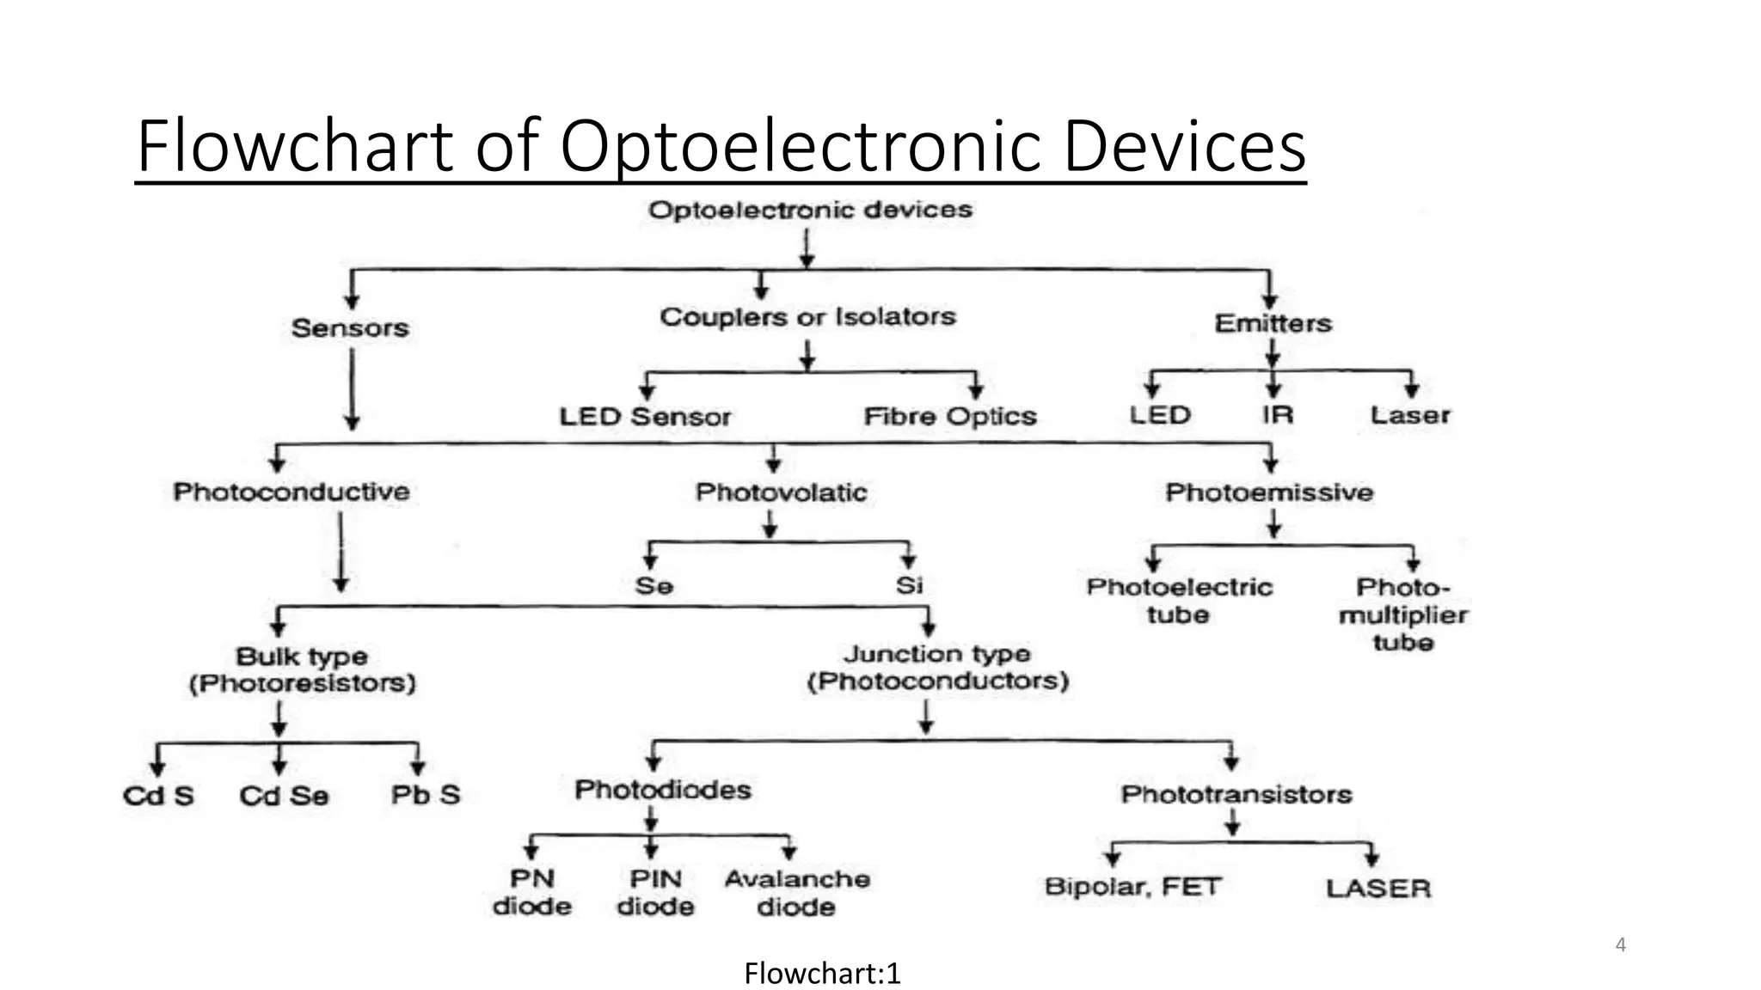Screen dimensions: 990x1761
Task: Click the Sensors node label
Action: click(x=350, y=327)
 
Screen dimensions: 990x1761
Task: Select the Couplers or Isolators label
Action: click(x=807, y=317)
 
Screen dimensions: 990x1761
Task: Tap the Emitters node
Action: click(x=1273, y=323)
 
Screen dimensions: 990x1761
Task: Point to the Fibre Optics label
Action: click(x=950, y=417)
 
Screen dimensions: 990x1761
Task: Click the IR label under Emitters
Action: click(x=1278, y=415)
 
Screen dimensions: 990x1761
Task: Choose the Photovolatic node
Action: click(x=781, y=492)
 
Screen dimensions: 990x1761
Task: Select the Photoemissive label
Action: click(x=1269, y=492)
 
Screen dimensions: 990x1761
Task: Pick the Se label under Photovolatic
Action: click(x=653, y=586)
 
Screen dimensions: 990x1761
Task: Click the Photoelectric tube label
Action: click(x=1179, y=601)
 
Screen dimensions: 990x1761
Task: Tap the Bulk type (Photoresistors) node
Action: click(x=302, y=669)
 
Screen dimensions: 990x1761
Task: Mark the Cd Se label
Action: click(x=284, y=796)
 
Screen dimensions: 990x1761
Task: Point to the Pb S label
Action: click(x=426, y=795)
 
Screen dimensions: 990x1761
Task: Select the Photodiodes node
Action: click(x=663, y=790)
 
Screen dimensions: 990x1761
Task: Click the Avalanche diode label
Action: click(x=797, y=893)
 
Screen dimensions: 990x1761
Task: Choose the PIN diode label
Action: click(x=655, y=893)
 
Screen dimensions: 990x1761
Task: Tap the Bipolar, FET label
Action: click(x=1132, y=887)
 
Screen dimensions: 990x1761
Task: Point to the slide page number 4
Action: click(x=1621, y=945)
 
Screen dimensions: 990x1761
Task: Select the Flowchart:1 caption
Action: click(x=822, y=974)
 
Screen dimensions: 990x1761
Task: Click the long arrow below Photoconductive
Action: click(x=341, y=550)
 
